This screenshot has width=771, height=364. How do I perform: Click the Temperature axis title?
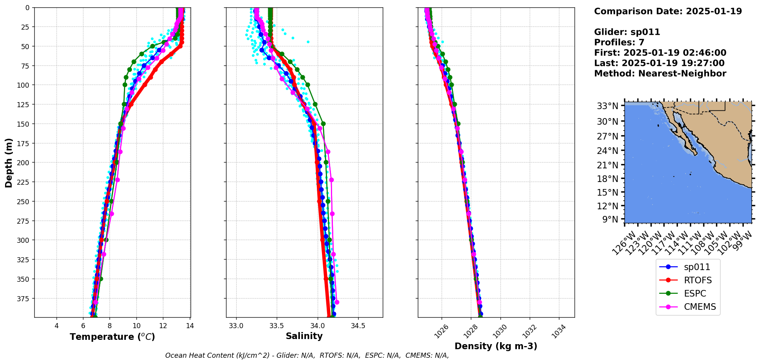[x=112, y=337]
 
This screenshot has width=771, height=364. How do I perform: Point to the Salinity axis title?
[x=304, y=336]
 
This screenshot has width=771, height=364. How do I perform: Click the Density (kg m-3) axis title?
[x=496, y=346]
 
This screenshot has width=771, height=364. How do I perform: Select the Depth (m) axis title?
[x=9, y=163]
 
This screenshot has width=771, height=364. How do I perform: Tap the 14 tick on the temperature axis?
[x=190, y=326]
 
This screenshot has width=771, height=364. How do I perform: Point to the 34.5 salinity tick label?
[x=358, y=326]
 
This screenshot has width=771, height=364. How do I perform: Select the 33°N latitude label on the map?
[x=608, y=106]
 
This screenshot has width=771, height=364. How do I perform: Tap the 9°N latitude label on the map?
[x=610, y=219]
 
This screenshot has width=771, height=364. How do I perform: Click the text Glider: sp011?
[x=627, y=32]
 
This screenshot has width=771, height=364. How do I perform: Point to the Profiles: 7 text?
[x=619, y=42]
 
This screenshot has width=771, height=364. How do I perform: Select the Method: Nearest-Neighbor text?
[x=660, y=74]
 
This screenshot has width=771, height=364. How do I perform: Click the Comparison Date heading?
[x=668, y=11]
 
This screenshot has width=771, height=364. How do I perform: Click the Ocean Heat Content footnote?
[x=307, y=355]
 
